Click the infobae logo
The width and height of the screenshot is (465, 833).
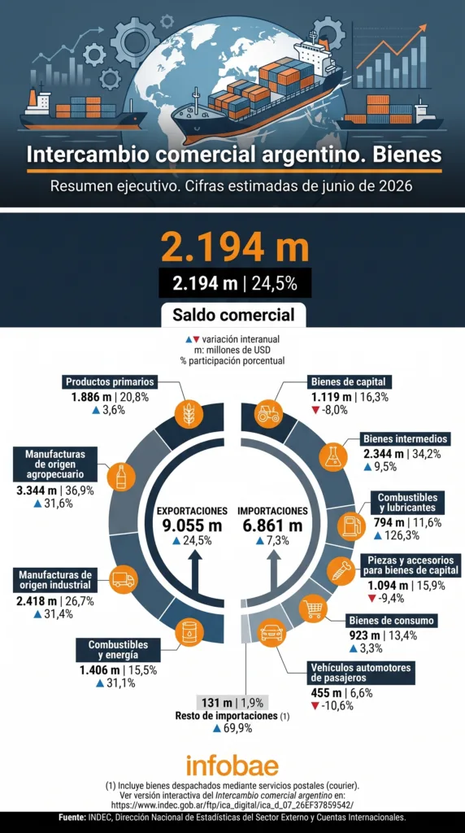pos(232,766)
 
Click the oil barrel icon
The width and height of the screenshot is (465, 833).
pos(189,631)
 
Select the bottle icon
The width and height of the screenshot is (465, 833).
pos(120,474)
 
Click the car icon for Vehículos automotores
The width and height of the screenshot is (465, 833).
pos(272,632)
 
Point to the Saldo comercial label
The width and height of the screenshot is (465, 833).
pos(233,315)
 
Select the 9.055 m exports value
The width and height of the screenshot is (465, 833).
pos(192,526)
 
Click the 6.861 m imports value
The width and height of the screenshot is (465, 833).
pos(272,526)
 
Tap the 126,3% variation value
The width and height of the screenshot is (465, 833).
pos(401,535)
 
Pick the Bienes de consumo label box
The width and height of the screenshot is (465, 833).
pos(393,621)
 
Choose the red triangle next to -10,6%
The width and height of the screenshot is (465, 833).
pos(315,706)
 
